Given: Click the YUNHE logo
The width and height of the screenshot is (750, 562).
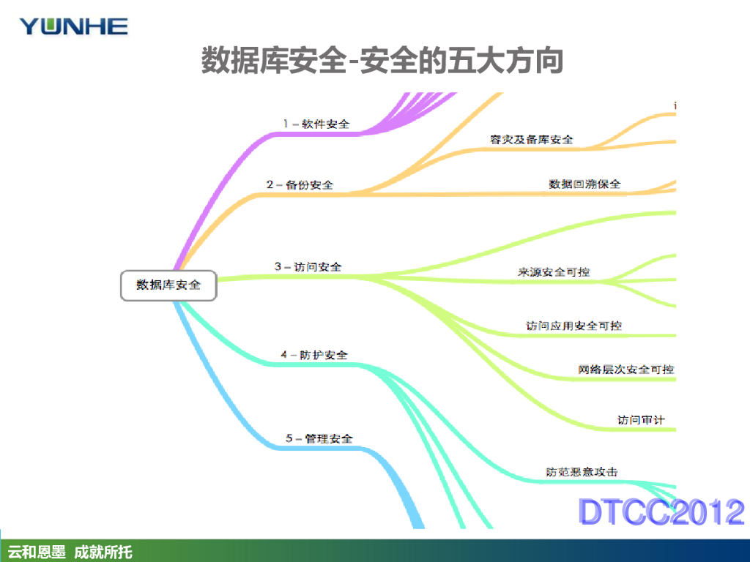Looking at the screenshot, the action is tap(74, 27).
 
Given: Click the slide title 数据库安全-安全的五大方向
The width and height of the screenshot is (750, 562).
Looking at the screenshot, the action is tap(382, 61).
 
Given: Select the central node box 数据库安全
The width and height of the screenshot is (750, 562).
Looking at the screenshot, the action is tap(169, 285).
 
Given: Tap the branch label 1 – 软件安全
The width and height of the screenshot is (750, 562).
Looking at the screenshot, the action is tap(316, 124).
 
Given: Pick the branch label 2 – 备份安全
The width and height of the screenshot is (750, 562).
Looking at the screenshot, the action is tap(300, 185).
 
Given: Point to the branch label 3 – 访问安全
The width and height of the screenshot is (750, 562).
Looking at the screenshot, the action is tap(308, 267).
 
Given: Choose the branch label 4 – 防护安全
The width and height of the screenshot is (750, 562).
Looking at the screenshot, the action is tap(313, 355).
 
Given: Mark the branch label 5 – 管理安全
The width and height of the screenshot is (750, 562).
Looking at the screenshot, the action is tap(319, 438).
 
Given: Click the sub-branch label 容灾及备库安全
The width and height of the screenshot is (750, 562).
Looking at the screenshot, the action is tap(531, 139).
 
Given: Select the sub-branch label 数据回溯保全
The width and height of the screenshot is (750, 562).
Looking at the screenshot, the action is tap(584, 184).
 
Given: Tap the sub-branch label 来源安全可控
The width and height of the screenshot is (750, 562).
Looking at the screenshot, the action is tap(554, 271).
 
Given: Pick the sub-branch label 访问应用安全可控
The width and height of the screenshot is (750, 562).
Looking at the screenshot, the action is tap(574, 325).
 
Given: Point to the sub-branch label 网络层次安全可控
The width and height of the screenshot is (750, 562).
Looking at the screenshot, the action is tap(625, 370).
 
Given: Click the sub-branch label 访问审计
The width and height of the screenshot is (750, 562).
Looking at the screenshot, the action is tap(641, 420).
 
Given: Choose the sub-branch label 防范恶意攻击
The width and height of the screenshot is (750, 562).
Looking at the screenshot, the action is tap(582, 472).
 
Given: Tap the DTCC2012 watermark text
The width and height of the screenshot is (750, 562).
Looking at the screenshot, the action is tap(661, 512).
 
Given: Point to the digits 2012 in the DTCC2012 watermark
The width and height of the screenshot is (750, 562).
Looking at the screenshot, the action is tap(708, 512).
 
